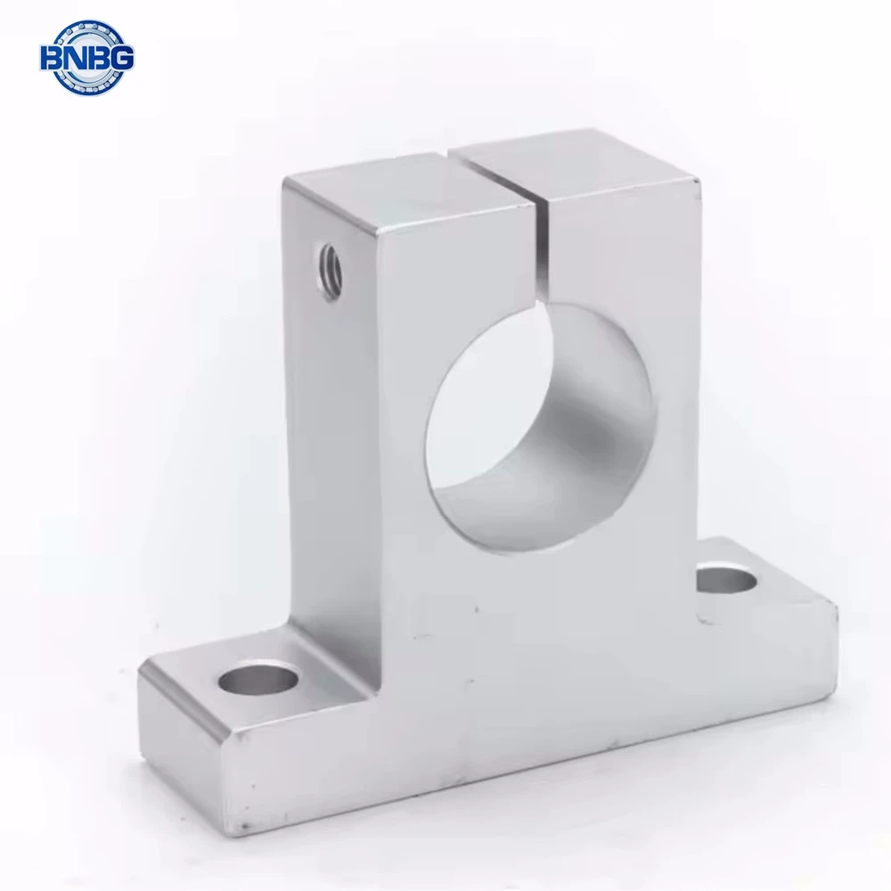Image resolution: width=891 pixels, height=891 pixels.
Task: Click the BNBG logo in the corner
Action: pyautogui.click(x=86, y=58)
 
